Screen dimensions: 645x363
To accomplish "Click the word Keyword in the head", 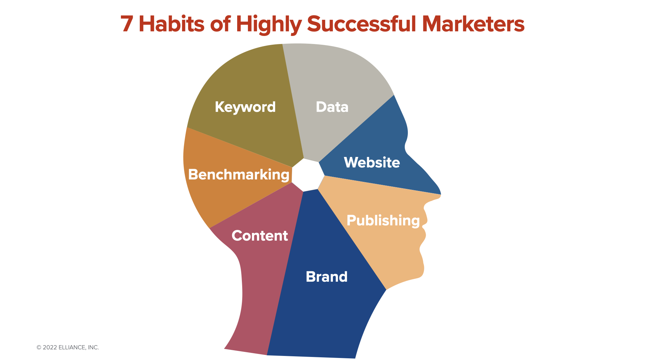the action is [x=245, y=107].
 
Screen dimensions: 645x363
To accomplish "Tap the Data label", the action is [x=332, y=107].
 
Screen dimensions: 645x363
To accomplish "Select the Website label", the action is [x=372, y=162].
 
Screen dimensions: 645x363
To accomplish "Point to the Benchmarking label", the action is [x=239, y=175].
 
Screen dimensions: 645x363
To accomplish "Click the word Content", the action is [x=260, y=236].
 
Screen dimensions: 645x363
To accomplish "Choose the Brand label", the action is [x=327, y=277].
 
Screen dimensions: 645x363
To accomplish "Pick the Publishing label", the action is [x=383, y=220].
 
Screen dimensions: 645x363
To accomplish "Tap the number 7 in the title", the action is [x=127, y=24].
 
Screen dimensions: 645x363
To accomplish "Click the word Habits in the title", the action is [x=171, y=24].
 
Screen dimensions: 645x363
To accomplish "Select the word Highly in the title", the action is [x=269, y=25].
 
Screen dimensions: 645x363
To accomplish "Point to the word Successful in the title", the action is [x=361, y=24].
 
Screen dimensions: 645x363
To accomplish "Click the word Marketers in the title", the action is [x=473, y=24].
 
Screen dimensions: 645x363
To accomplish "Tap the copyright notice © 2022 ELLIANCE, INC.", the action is [x=68, y=348].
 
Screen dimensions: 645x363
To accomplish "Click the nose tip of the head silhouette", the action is [x=440, y=194].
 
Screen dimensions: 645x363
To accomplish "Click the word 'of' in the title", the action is [x=220, y=24].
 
